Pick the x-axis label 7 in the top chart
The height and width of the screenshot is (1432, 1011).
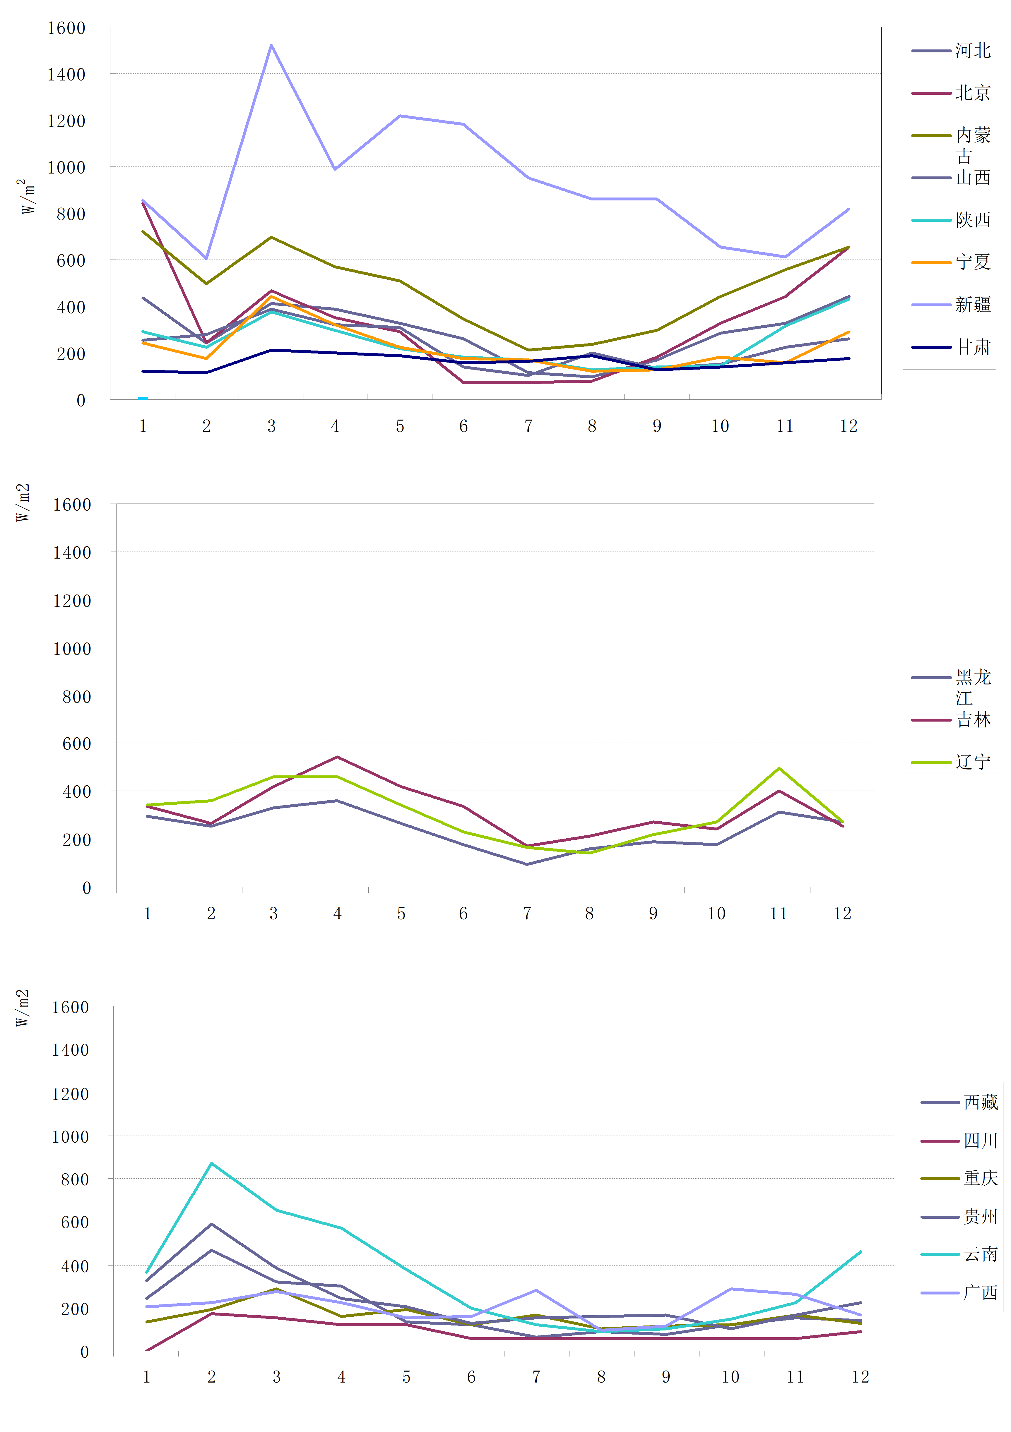pyautogui.click(x=528, y=426)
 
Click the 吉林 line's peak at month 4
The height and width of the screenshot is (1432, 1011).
pyautogui.click(x=337, y=757)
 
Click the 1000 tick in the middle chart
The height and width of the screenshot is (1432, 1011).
pyautogui.click(x=72, y=649)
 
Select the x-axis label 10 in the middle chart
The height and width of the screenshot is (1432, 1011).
pyautogui.click(x=716, y=914)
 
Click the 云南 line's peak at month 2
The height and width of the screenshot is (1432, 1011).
pyautogui.click(x=212, y=1163)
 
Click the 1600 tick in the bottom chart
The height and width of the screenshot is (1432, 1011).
pyautogui.click(x=70, y=1007)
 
